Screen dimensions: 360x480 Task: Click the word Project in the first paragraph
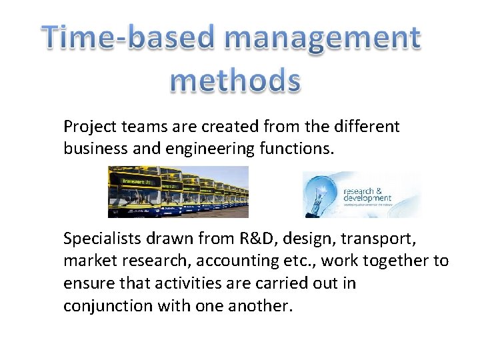pos(87,127)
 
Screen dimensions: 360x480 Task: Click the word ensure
pos(84,283)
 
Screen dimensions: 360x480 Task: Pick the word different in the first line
pos(369,127)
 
